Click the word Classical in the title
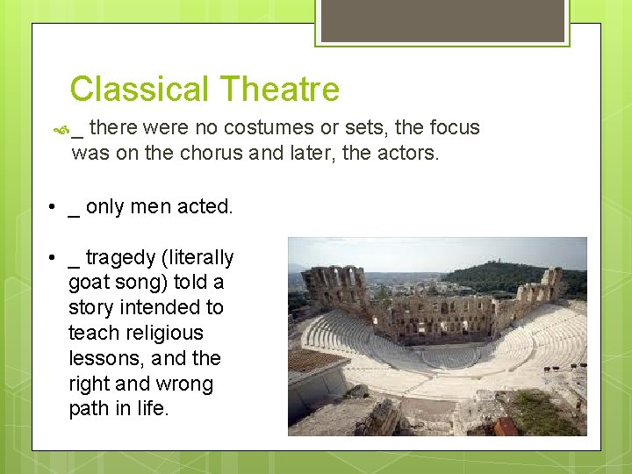click(140, 90)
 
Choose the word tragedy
click(119, 258)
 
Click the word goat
click(88, 284)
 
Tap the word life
click(152, 409)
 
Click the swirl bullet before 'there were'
click(61, 129)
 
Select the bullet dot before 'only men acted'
click(54, 208)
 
